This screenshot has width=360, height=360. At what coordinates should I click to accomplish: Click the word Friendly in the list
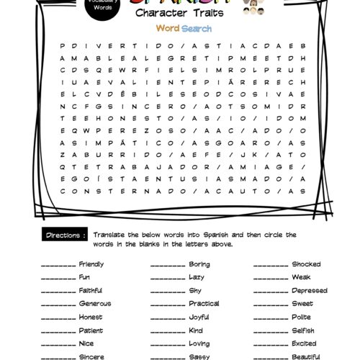point(91,264)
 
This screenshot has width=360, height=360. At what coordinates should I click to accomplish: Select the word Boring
point(199,264)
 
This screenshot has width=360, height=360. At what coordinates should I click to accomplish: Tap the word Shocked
point(306,264)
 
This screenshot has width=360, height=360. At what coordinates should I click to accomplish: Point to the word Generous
point(94,304)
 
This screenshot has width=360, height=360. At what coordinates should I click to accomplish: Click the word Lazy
point(196,277)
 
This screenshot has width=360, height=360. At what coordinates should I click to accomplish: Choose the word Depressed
point(309,291)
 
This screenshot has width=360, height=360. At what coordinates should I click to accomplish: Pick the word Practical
point(204,304)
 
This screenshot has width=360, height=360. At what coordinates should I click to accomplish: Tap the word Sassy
point(197,356)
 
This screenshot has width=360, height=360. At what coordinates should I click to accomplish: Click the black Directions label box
point(66,235)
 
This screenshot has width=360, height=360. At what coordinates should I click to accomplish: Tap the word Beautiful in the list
point(306,356)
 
